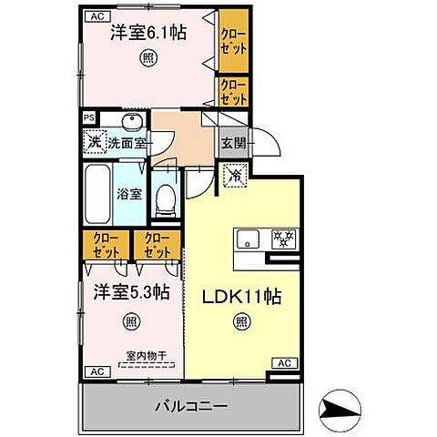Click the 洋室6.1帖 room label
click(148, 33)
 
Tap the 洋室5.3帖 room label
click(131, 292)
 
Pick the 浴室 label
click(129, 193)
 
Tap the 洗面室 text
click(127, 143)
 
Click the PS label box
click(89, 117)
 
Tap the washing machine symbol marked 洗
click(93, 141)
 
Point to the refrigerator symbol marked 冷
click(233, 174)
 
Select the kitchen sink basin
click(248, 239)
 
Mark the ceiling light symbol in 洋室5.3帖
click(132, 320)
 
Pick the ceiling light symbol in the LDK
click(240, 320)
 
